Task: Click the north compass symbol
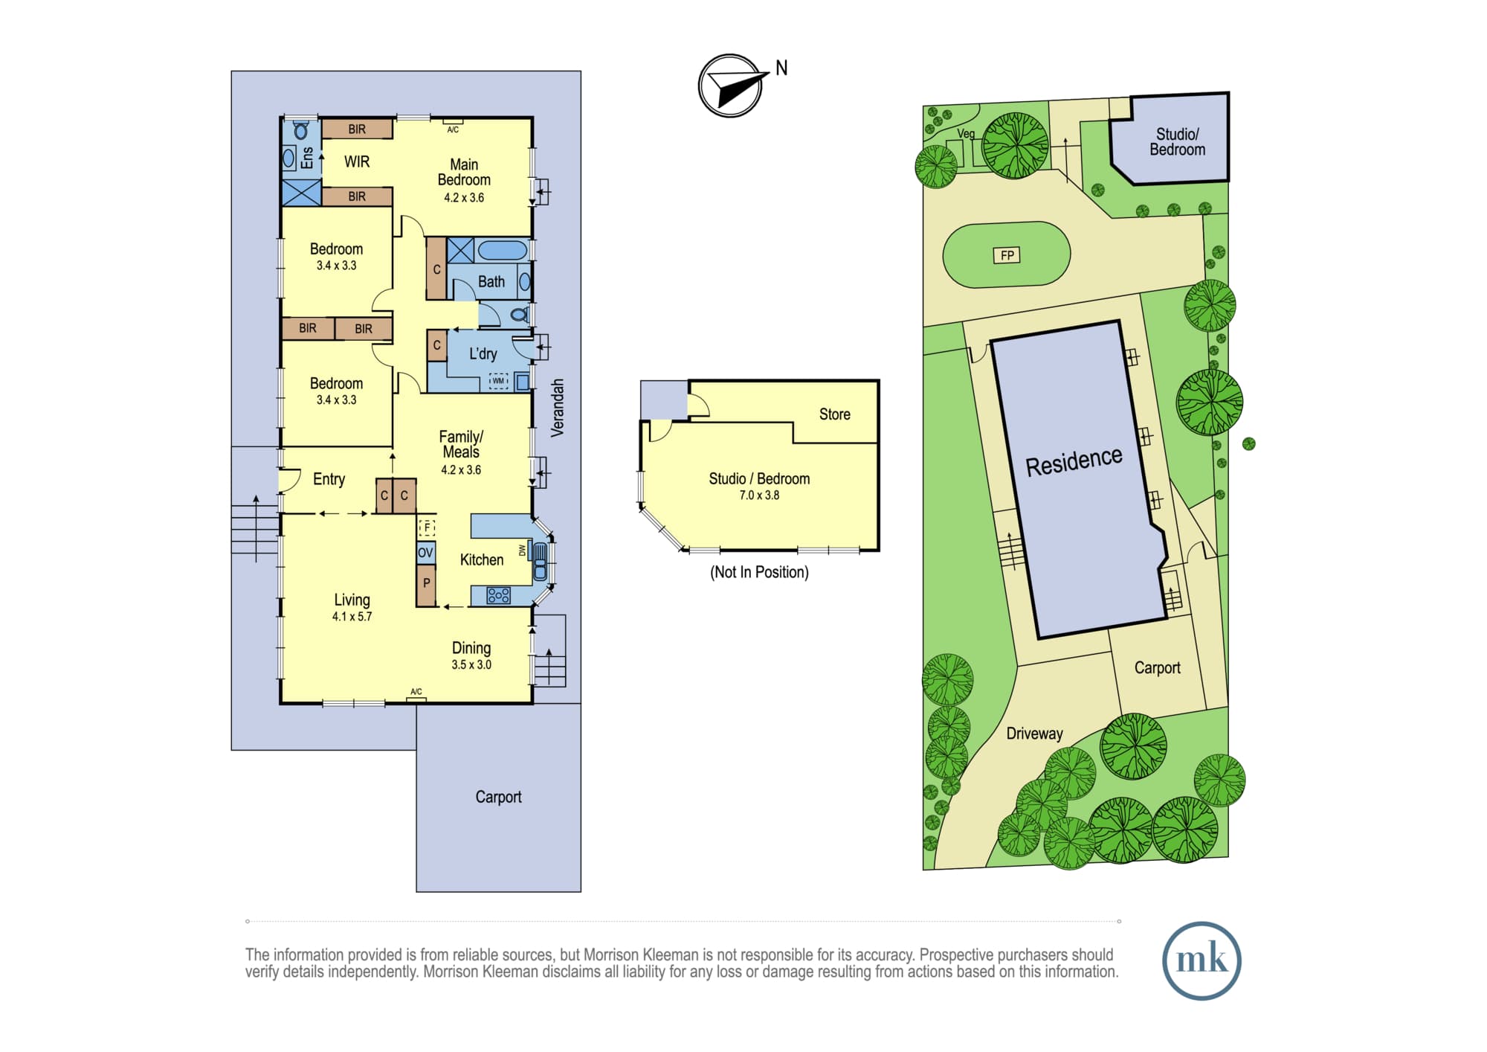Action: [x=731, y=86]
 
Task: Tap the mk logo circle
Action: [x=1201, y=960]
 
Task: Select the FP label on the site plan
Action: [x=1007, y=255]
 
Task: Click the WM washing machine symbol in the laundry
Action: [x=498, y=381]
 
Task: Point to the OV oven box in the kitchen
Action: [x=425, y=553]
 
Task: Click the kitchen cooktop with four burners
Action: [x=498, y=595]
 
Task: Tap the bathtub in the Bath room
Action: [x=502, y=249]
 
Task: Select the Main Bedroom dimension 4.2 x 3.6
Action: [x=464, y=198]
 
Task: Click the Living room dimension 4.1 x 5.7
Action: [x=352, y=617]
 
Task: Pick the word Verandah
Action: [x=558, y=408]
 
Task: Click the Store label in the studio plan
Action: [x=835, y=414]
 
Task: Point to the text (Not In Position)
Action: [x=759, y=572]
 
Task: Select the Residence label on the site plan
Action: [x=1074, y=461]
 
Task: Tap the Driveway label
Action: [x=1034, y=734]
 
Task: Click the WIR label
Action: [x=357, y=161]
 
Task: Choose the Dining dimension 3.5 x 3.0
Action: [x=471, y=665]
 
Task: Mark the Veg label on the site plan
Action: [x=966, y=134]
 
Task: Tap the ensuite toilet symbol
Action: [x=301, y=130]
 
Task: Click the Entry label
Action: [x=329, y=480]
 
